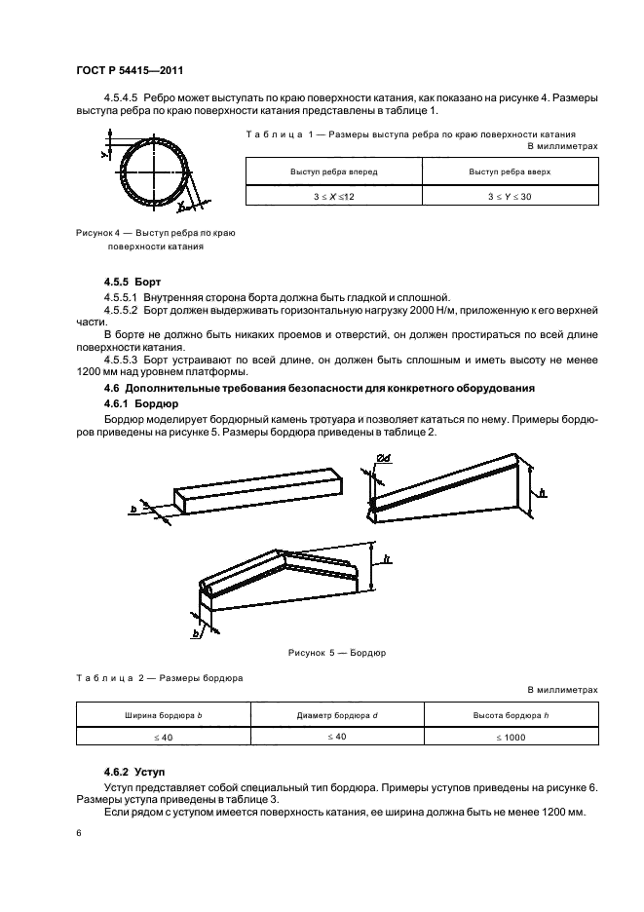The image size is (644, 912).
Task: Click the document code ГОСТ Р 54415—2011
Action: [130, 70]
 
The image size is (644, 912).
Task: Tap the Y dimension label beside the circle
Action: [103, 153]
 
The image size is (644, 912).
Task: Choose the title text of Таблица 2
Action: [160, 676]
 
